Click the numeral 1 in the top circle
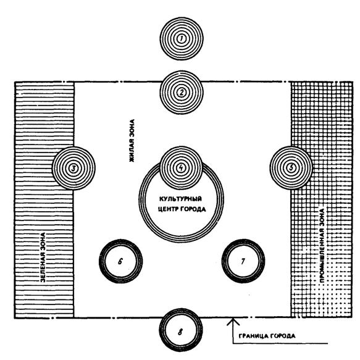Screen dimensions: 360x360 point(182,39)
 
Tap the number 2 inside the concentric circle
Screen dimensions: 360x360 point(182,93)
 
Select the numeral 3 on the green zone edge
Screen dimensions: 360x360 point(73,169)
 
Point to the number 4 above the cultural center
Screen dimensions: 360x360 point(181,168)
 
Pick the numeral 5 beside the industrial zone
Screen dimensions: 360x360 point(291,168)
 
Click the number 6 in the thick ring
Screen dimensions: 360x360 point(120,261)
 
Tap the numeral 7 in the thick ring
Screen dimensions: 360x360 point(243,261)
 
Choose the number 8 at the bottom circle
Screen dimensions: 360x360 point(180,332)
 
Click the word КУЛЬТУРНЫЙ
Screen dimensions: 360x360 point(180,199)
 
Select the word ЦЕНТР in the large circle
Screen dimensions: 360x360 point(169,209)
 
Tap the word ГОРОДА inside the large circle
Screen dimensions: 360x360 point(193,209)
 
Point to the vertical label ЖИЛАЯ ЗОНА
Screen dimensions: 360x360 point(132,141)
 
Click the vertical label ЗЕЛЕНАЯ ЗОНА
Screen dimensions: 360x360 point(43,257)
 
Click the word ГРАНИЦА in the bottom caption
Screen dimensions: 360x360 point(253,336)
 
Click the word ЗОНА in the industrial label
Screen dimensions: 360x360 point(322,217)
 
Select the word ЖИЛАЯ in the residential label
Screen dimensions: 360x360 point(132,152)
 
